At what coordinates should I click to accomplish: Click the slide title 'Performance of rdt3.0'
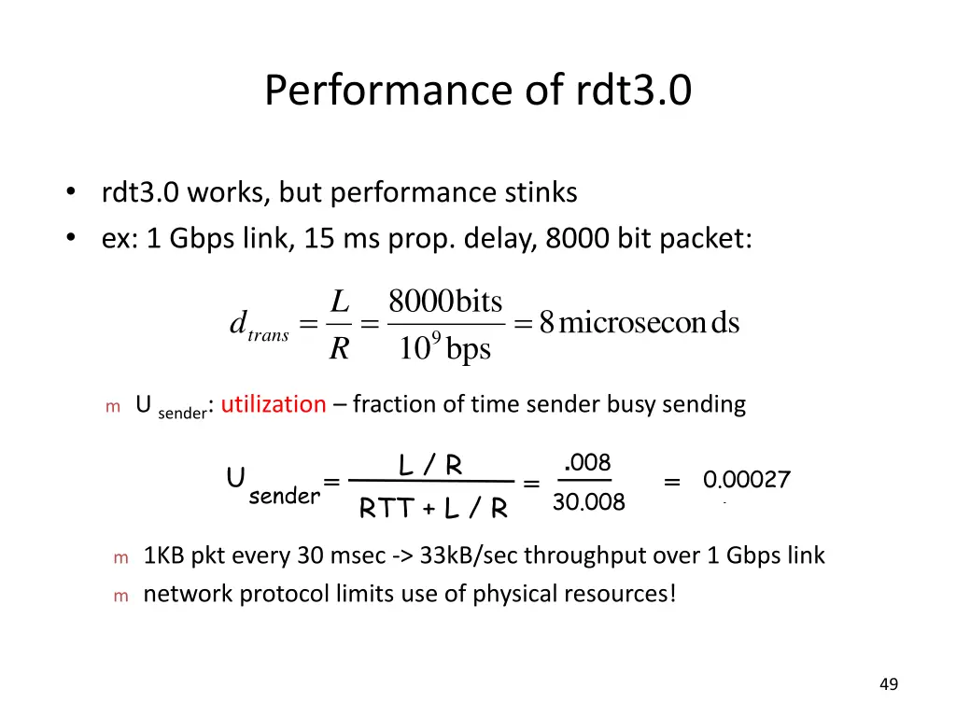tap(478, 91)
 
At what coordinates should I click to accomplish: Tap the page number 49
tap(889, 685)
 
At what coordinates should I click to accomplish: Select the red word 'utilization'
tap(274, 404)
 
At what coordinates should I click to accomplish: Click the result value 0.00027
tap(747, 481)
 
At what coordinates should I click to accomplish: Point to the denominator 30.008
tap(588, 503)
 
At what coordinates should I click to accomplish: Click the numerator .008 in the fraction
tap(588, 463)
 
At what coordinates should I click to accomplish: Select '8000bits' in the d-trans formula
tap(445, 302)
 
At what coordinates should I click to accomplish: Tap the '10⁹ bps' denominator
tap(444, 349)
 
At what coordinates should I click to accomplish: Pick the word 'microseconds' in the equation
tap(649, 324)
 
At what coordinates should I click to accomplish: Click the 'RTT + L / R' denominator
tap(433, 509)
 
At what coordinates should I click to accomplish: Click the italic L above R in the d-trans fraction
tap(340, 302)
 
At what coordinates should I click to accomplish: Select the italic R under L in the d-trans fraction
tap(339, 349)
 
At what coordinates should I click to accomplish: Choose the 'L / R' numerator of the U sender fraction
tap(430, 465)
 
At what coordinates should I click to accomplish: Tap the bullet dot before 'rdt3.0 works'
tap(71, 193)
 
